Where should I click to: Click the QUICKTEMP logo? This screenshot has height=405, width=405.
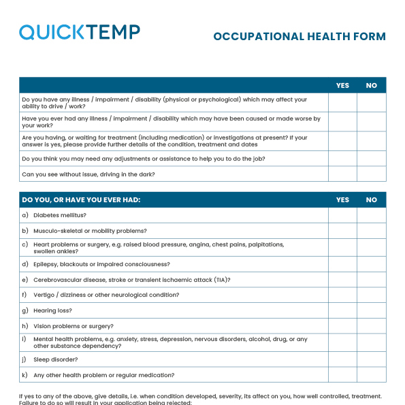click(80, 32)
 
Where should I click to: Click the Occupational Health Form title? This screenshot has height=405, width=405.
click(299, 37)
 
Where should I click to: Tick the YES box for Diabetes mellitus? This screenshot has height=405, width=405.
click(342, 215)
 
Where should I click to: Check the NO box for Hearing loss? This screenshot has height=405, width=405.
click(371, 310)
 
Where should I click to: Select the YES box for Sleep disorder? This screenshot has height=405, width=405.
click(342, 359)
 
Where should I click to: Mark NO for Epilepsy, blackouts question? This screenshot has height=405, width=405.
click(371, 264)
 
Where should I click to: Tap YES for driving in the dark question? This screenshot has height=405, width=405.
click(342, 174)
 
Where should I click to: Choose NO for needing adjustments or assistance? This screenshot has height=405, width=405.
click(371, 159)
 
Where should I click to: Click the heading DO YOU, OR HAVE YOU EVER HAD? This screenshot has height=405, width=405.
click(81, 200)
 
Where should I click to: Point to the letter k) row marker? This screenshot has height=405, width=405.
click(25, 375)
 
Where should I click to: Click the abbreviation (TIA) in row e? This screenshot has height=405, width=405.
click(221, 280)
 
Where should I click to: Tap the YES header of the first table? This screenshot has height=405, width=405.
click(342, 85)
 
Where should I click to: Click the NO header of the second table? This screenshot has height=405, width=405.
click(371, 200)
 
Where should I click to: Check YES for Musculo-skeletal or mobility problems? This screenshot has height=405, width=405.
click(342, 231)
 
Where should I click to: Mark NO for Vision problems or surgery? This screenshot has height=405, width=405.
click(371, 326)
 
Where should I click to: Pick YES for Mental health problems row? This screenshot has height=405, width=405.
click(342, 342)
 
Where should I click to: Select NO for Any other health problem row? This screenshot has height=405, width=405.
click(371, 375)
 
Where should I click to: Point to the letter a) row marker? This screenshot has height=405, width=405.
click(25, 215)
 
